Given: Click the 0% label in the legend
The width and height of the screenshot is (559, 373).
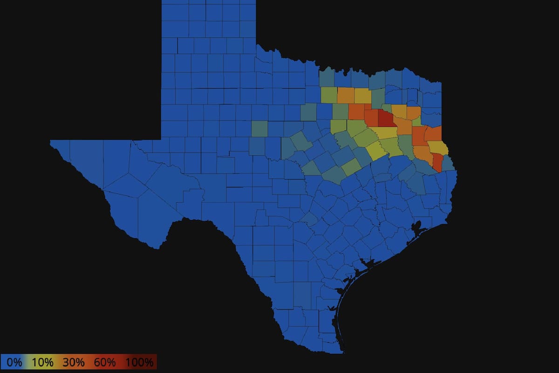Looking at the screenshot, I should pyautogui.click(x=14, y=362).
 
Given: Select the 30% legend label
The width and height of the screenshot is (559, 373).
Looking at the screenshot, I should pyautogui.click(x=74, y=362).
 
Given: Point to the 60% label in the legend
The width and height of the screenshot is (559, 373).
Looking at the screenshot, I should pyautogui.click(x=105, y=362).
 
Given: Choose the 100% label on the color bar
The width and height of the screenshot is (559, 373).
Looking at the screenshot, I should pyautogui.click(x=139, y=362).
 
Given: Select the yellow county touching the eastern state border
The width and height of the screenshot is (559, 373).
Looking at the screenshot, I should pyautogui.click(x=438, y=148).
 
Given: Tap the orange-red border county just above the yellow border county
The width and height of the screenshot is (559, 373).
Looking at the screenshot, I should pyautogui.click(x=433, y=134).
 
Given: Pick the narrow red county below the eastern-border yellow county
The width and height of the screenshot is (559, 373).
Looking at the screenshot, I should pyautogui.click(x=438, y=162).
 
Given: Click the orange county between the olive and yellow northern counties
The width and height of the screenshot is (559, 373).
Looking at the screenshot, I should pyautogui.click(x=346, y=95).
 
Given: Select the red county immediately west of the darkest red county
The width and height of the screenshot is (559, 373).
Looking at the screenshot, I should pyautogui.click(x=372, y=117).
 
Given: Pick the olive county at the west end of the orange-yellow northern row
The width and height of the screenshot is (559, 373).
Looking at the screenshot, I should pyautogui.click(x=328, y=95).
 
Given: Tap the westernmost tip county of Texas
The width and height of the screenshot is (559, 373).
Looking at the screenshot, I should pyautogui.click(x=61, y=145).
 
